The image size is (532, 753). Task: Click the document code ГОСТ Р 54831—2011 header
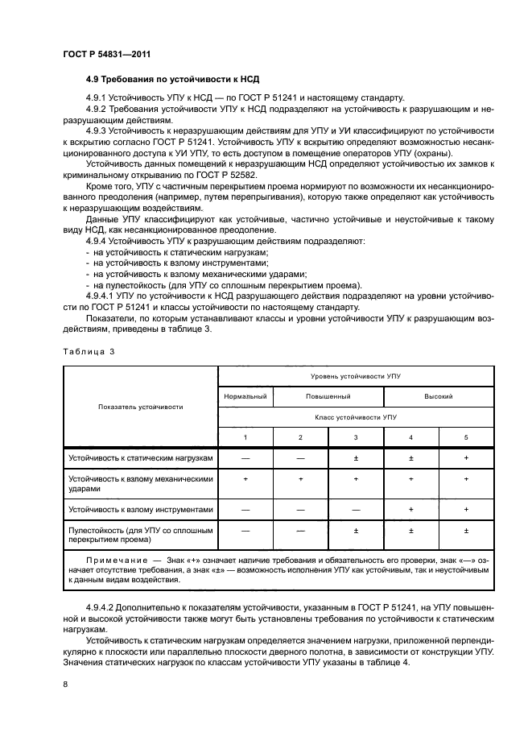click(107, 54)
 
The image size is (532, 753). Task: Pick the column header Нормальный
click(245, 396)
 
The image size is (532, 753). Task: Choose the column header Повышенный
click(328, 396)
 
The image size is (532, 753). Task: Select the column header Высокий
click(438, 396)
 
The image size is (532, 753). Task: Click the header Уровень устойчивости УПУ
click(356, 376)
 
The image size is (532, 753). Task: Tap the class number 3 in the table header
click(356, 437)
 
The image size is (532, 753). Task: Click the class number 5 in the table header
click(465, 437)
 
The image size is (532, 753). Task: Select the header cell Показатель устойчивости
click(141, 407)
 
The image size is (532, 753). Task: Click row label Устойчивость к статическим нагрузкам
click(141, 458)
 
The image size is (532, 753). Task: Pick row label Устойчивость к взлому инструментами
click(141, 509)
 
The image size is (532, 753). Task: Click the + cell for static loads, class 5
click(465, 458)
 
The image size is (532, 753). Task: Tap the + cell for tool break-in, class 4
click(410, 509)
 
